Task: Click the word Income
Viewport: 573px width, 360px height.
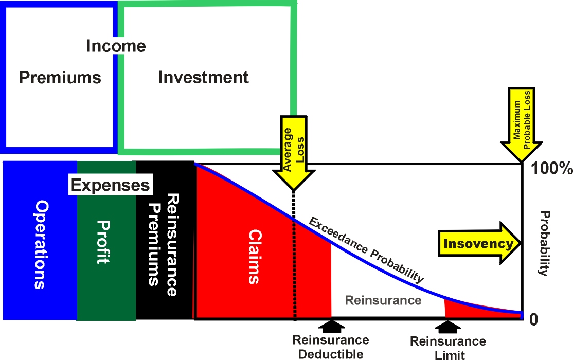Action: [116, 46]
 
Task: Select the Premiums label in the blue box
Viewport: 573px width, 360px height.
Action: [60, 78]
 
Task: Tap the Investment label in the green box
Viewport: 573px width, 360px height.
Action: [203, 78]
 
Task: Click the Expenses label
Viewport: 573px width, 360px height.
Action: [111, 185]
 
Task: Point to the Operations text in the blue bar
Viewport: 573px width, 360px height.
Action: [41, 244]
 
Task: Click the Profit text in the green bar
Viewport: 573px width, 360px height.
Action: [103, 242]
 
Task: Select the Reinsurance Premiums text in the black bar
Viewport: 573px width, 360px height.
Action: [164, 244]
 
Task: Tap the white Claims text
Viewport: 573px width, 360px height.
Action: [254, 257]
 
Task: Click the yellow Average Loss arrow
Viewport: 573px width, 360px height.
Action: [293, 153]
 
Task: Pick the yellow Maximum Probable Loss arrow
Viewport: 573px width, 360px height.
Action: [522, 124]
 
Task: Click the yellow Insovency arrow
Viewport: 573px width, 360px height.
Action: [479, 243]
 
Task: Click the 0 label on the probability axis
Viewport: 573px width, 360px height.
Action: [533, 319]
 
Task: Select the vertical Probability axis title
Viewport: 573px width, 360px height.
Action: [545, 243]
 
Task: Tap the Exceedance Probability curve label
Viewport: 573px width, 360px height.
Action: [366, 250]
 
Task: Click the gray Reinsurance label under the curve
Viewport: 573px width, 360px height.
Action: [383, 300]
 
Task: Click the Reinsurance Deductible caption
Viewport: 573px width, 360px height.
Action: [331, 347]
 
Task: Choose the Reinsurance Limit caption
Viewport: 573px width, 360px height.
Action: [448, 348]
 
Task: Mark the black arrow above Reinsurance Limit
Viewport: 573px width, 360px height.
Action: [448, 327]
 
